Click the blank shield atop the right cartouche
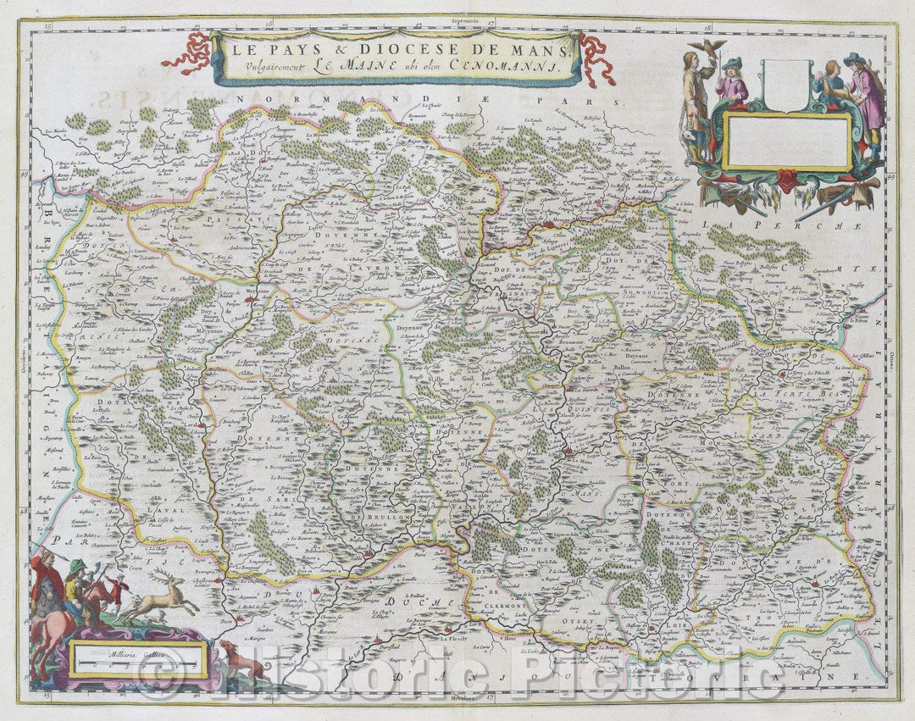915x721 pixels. [785, 84]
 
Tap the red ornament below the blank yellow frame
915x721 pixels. [787, 179]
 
